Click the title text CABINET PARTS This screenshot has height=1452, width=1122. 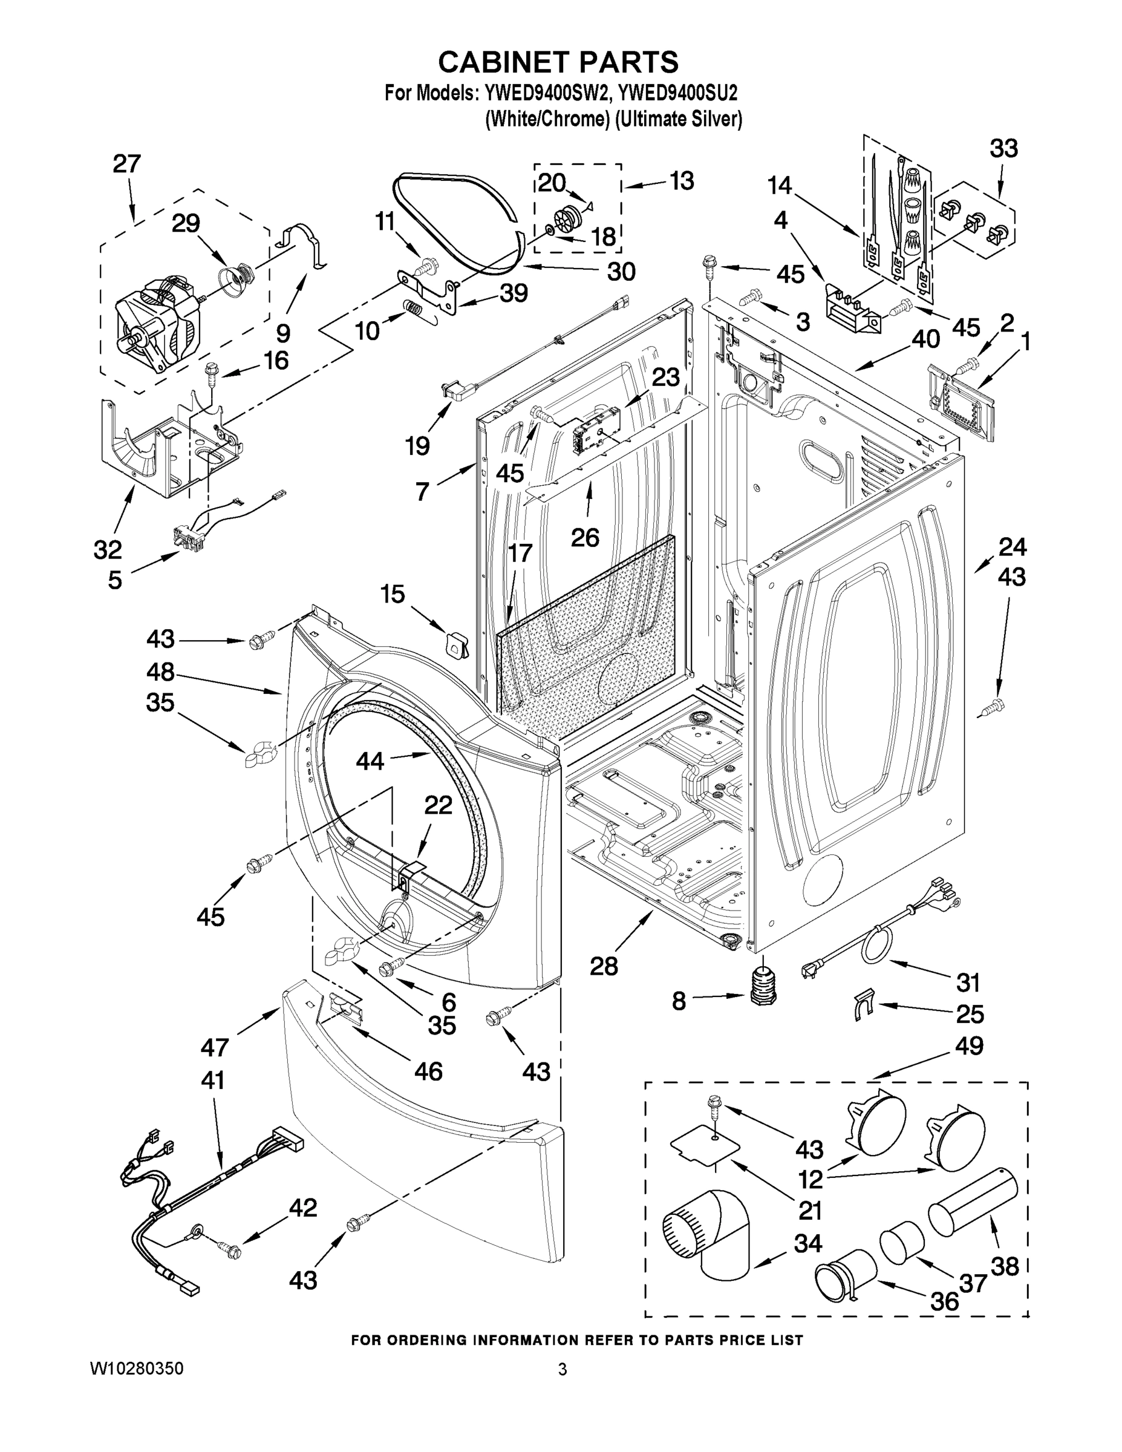click(558, 62)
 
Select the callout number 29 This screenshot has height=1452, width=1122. click(186, 223)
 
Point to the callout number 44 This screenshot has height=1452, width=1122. click(370, 760)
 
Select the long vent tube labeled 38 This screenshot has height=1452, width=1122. click(974, 1204)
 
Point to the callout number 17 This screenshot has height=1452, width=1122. click(520, 552)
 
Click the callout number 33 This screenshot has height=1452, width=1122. click(1003, 149)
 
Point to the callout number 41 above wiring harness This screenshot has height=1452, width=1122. click(213, 1081)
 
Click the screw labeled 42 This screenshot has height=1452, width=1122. click(232, 1250)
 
